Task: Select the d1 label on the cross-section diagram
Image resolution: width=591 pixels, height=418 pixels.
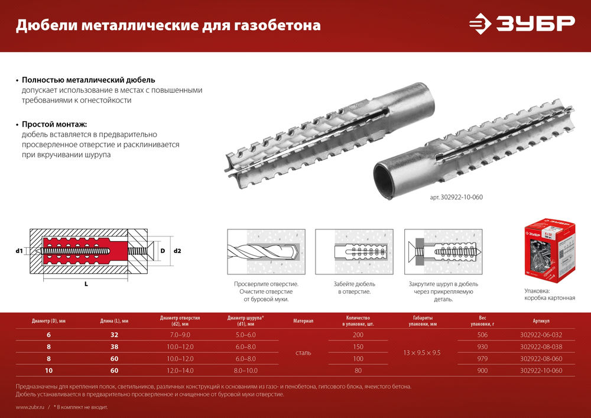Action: pos(19,251)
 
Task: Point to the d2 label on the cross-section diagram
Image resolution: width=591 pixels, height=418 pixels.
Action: pos(177,251)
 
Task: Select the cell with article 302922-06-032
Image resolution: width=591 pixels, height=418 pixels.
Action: pos(541,335)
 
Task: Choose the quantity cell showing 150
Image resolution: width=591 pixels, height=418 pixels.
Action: pos(358,347)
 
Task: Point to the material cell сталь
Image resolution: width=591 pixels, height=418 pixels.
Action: pos(303,353)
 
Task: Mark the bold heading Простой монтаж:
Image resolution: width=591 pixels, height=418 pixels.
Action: pos(54,125)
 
